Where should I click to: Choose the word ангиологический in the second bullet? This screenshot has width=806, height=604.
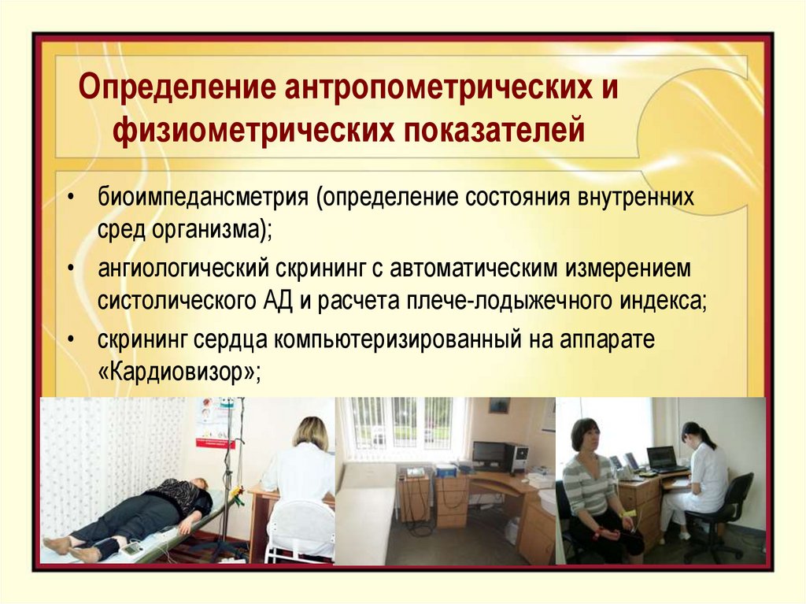182,269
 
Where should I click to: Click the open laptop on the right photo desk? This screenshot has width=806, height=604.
661,460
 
